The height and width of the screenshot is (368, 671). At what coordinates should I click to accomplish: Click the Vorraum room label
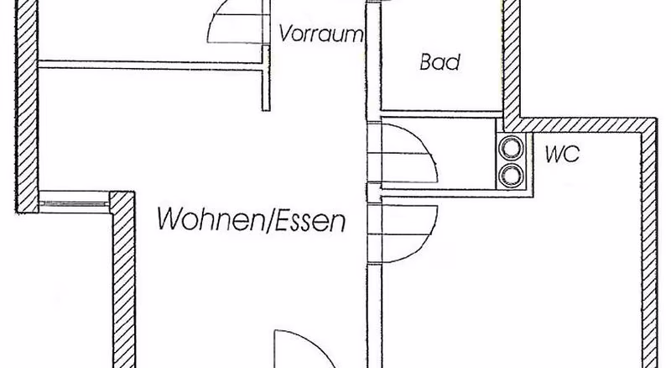[x=321, y=33]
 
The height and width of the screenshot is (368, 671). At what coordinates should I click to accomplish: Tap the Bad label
[x=440, y=62]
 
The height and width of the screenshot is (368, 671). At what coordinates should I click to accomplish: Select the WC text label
[x=562, y=154]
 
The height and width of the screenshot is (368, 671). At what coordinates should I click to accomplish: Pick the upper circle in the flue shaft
[x=512, y=147]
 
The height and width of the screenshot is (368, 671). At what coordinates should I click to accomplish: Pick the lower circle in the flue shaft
[x=512, y=175]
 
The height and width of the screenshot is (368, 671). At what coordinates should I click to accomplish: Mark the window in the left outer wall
[x=74, y=202]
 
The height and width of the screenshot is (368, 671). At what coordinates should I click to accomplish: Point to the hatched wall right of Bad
[x=511, y=60]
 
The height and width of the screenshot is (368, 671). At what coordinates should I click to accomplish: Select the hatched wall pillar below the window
[x=123, y=280]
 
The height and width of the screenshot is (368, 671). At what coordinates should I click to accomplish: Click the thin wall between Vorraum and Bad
[x=372, y=60]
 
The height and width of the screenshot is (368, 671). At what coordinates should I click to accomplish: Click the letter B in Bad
[x=425, y=62]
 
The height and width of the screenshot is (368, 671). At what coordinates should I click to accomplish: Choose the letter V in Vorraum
[x=286, y=33]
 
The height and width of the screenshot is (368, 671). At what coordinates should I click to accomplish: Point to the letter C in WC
[x=573, y=155]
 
